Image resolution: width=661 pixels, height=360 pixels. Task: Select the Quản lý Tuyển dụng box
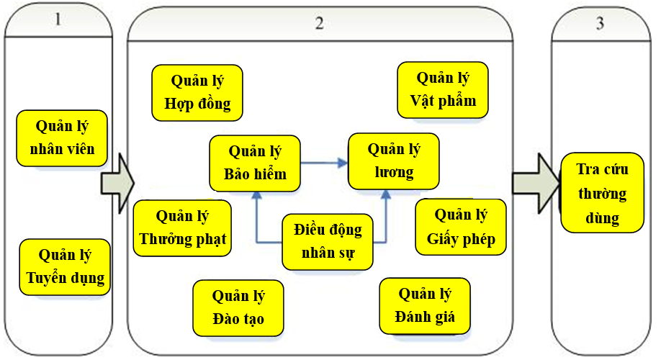65,266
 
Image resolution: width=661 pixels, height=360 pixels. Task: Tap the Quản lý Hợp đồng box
197,92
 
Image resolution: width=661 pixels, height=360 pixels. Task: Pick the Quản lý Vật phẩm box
443,89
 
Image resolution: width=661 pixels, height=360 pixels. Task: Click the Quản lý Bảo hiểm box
255,163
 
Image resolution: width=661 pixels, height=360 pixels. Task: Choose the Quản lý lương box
394,161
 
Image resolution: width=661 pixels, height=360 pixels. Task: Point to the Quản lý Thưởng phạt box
182,227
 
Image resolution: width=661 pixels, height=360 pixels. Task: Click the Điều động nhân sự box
328,241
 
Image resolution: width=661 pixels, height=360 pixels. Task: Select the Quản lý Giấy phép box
461,227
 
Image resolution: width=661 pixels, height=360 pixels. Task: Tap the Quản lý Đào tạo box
238,307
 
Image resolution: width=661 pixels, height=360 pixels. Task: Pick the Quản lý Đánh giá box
425,305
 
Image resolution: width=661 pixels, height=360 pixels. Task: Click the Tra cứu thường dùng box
602,193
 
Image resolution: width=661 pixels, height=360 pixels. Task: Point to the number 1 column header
58,20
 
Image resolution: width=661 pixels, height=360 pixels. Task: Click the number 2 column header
319,22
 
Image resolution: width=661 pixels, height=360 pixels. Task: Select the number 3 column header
600,22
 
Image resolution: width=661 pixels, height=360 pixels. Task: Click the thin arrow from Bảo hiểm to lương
324,163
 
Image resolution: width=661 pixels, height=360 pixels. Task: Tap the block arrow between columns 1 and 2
117,184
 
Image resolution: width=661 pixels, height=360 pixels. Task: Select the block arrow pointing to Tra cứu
536,184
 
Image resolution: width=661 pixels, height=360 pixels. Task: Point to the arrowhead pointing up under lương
387,194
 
